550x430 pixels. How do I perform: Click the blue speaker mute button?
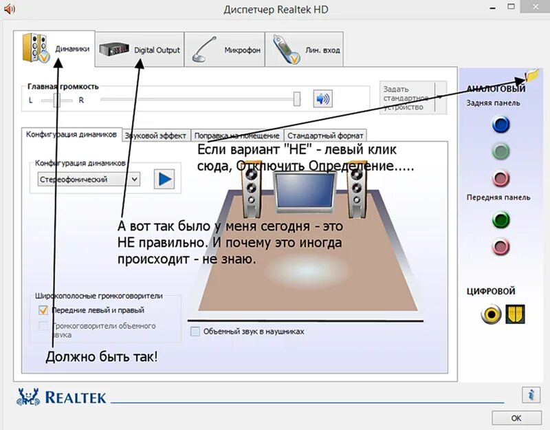[x=322, y=98]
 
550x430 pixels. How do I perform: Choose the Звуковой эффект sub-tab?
[x=155, y=136]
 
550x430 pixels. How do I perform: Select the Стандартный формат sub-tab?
[x=324, y=136]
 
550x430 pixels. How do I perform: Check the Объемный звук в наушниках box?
[x=195, y=331]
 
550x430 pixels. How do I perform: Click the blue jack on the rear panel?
[x=501, y=125]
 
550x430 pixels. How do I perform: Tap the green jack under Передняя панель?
[x=501, y=220]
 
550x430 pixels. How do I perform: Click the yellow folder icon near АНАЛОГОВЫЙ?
[x=531, y=76]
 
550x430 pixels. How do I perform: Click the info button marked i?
[x=531, y=394]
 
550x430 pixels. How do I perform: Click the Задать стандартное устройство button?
[x=408, y=98]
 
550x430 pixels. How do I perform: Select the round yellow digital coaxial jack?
[x=491, y=314]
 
